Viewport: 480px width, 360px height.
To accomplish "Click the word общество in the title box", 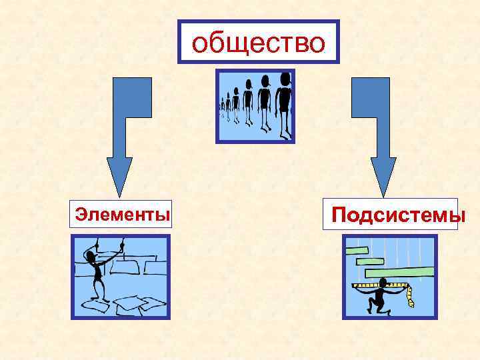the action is click(258, 42).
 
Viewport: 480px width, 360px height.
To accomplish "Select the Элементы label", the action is click(122, 214).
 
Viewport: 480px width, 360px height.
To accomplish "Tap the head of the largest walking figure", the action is click(286, 79).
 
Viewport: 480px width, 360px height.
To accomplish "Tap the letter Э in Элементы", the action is click(81, 214).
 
